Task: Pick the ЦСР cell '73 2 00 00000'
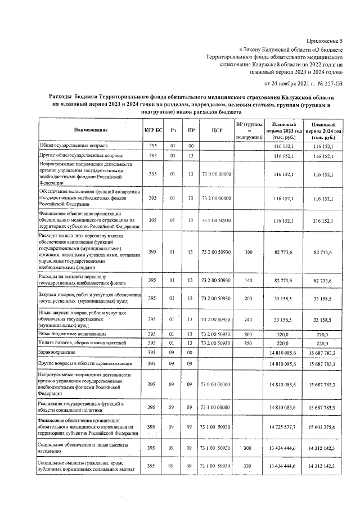(x=214, y=198)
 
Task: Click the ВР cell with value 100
(x=249, y=252)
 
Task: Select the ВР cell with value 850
(x=249, y=343)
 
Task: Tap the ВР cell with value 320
(x=249, y=466)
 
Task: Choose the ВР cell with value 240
(x=249, y=319)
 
